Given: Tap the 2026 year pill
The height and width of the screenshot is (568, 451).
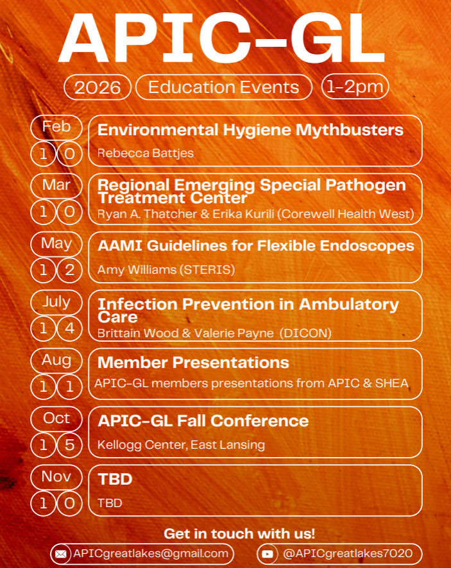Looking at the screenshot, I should coord(98,87).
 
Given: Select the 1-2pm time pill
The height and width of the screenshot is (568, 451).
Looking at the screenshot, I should coord(355,87).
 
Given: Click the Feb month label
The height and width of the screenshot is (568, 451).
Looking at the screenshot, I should coord(56,126).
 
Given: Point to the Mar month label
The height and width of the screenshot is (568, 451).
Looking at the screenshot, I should coord(56,185).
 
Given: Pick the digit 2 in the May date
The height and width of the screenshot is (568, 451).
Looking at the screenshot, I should coord(69,270).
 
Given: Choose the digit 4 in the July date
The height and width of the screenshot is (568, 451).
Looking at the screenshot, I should coord(69,328).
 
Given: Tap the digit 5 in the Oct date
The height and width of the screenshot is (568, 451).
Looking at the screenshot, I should coord(69,445).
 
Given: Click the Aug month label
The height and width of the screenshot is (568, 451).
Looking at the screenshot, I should coord(56,360).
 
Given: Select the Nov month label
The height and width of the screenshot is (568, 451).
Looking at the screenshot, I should coord(56,477).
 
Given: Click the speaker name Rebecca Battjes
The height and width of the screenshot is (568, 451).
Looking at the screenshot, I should coord(146,153).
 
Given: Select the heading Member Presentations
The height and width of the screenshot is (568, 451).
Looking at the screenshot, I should coord(193,362).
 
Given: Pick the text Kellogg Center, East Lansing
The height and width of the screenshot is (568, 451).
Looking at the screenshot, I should coord(181,444).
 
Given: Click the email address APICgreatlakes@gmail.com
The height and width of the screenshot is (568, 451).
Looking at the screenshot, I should coord(151,553).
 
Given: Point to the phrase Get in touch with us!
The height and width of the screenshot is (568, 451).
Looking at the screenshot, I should coord(239,533).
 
